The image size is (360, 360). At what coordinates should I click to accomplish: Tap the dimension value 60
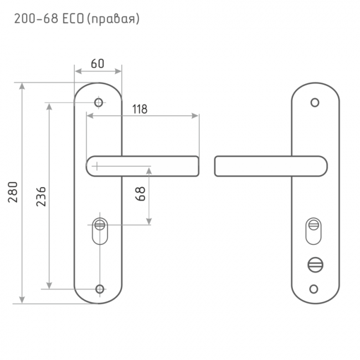point(97,63)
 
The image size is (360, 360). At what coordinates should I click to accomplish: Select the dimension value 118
point(139,109)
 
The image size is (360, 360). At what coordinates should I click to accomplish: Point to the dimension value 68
point(141,193)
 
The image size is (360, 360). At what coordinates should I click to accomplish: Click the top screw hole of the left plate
point(99,102)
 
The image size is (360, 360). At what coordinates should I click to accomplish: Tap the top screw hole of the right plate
point(315,102)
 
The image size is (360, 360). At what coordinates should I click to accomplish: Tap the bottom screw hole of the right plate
point(315,289)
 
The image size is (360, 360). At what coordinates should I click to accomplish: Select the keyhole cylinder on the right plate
point(313,232)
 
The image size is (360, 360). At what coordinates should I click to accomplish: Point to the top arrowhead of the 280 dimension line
point(22,86)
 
